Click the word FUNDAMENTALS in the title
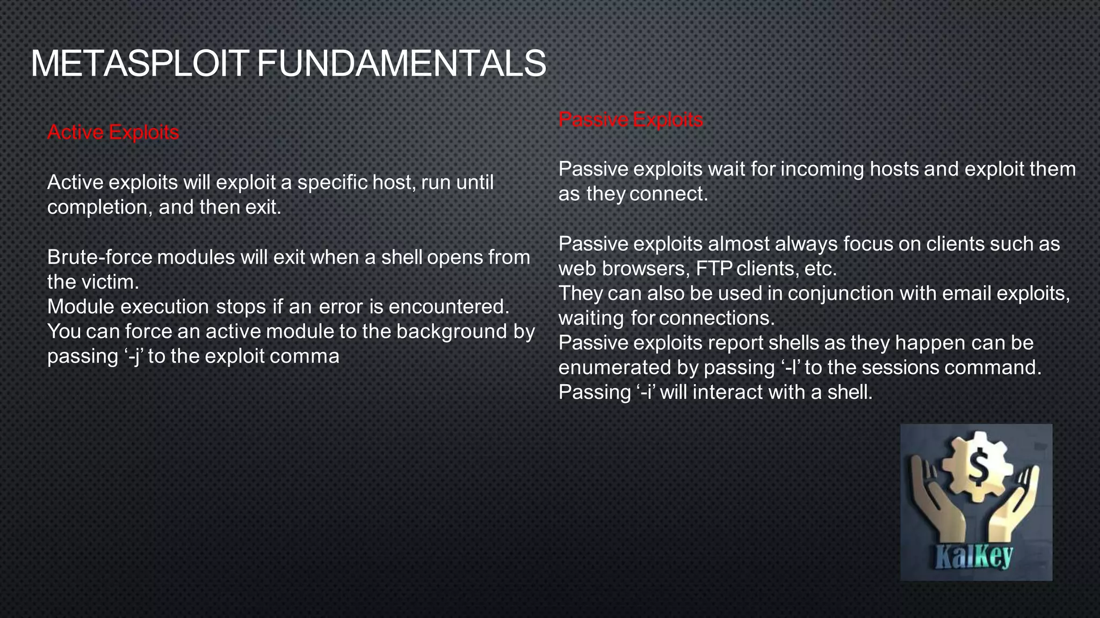[401, 64]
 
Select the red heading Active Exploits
[113, 132]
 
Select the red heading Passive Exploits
[630, 119]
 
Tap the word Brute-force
[100, 257]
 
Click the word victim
[112, 282]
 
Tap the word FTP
[713, 269]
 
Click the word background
[451, 332]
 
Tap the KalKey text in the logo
[973, 558]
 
